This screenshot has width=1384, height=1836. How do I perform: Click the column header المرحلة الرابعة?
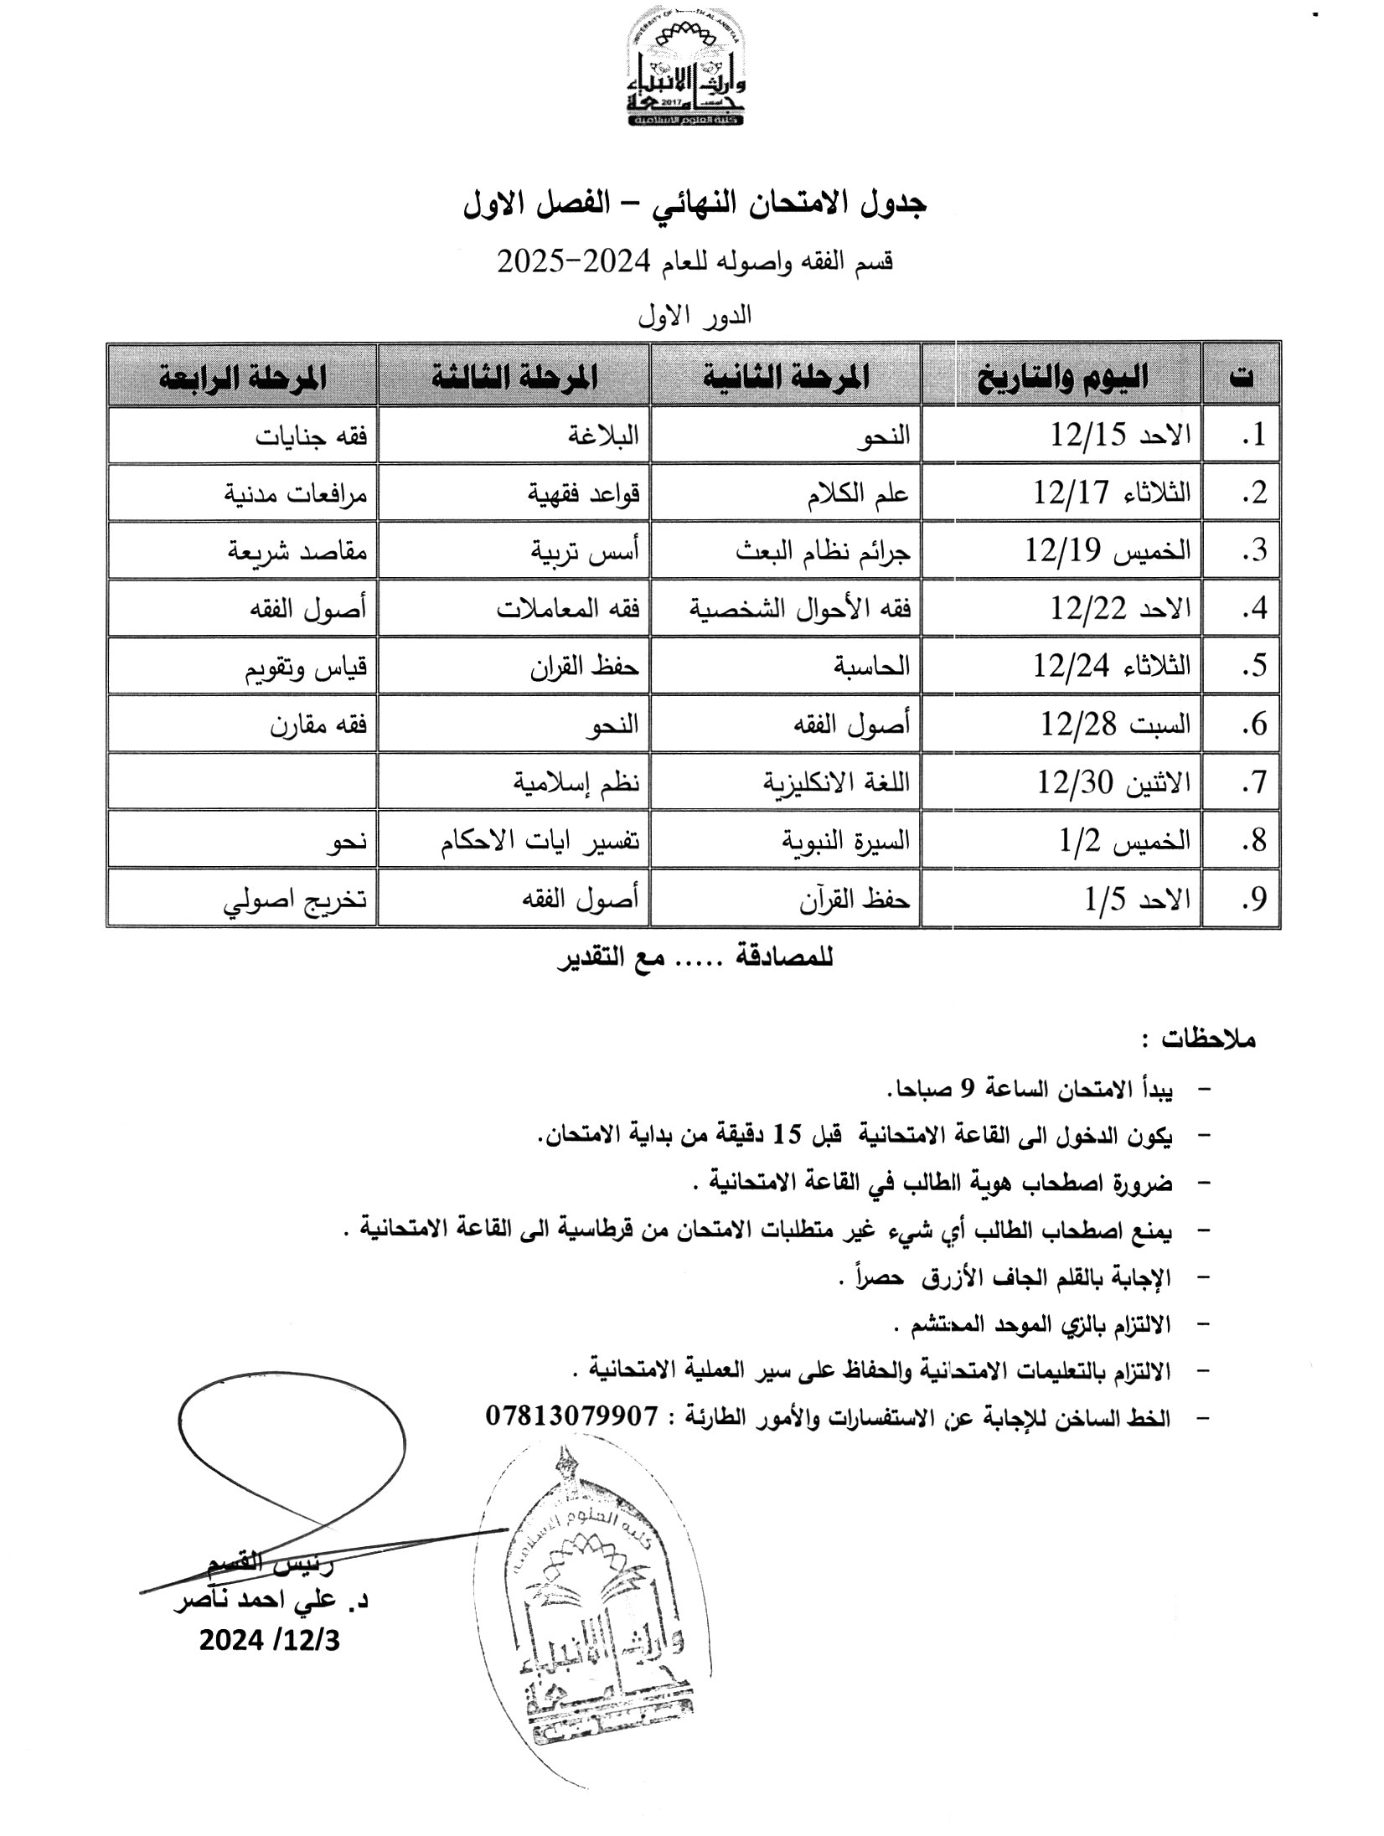click(x=243, y=377)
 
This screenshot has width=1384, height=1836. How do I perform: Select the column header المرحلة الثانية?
click(x=787, y=377)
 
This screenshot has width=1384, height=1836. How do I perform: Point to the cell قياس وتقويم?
click(x=306, y=667)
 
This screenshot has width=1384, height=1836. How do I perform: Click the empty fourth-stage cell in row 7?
click(x=243, y=781)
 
